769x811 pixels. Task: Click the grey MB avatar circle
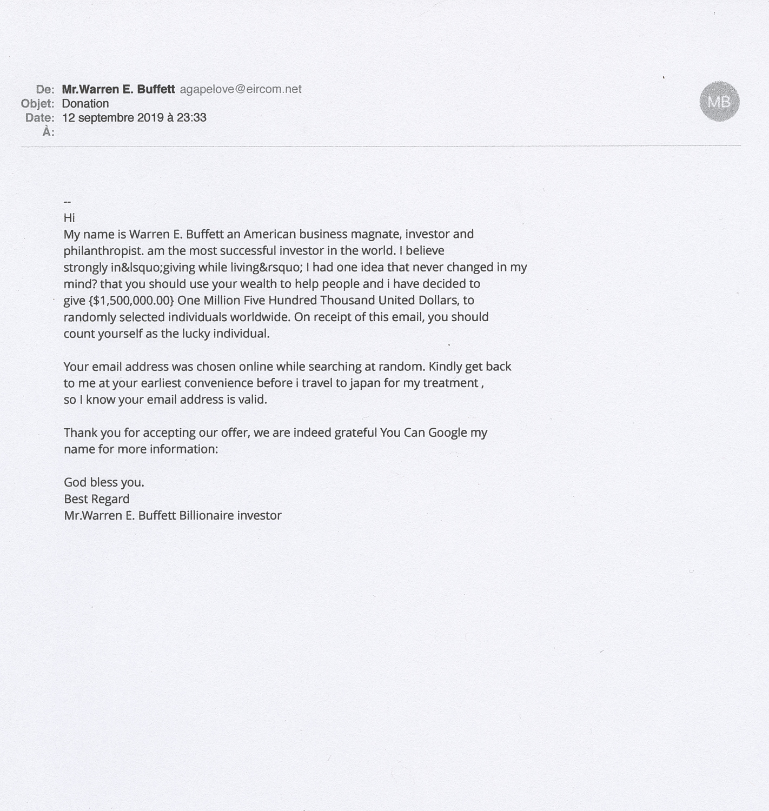point(719,101)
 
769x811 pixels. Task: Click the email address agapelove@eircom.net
point(241,89)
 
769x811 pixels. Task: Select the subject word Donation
point(85,103)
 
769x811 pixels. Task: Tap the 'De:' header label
point(45,89)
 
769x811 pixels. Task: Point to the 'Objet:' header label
point(38,103)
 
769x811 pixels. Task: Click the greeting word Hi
point(69,218)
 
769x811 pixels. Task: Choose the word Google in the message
point(447,433)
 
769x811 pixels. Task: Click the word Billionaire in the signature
point(211,515)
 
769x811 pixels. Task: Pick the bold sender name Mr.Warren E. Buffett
point(118,89)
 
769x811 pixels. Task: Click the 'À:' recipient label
point(48,131)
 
